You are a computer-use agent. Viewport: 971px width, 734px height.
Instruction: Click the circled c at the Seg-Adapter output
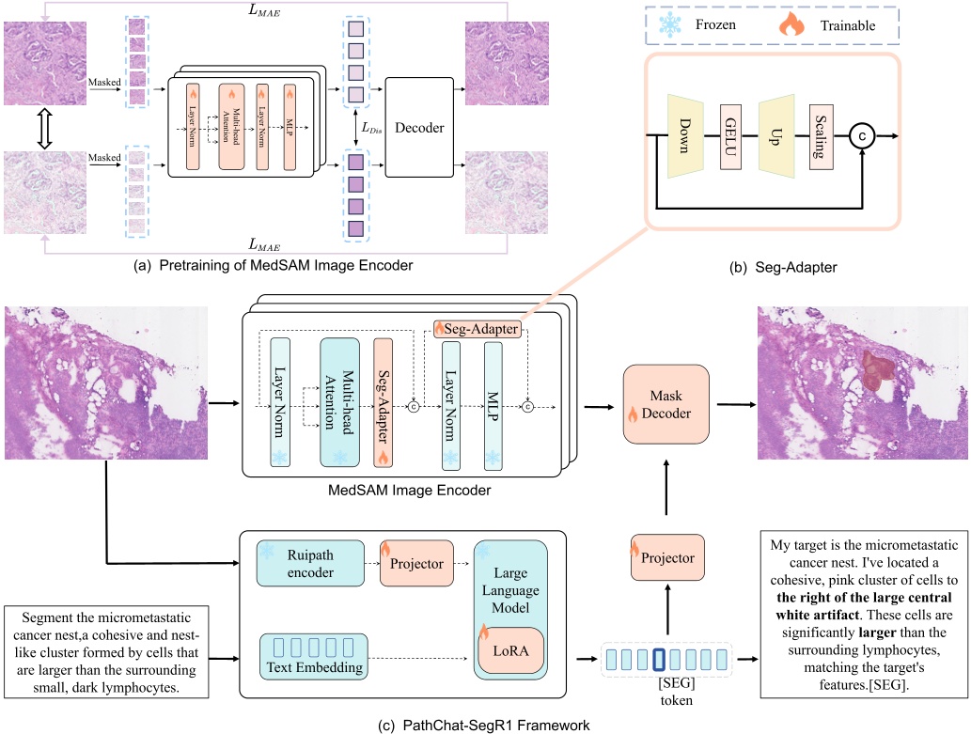[x=864, y=137]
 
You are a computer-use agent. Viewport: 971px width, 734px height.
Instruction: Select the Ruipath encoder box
[x=308, y=561]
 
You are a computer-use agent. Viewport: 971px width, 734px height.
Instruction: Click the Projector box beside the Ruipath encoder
[x=415, y=561]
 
